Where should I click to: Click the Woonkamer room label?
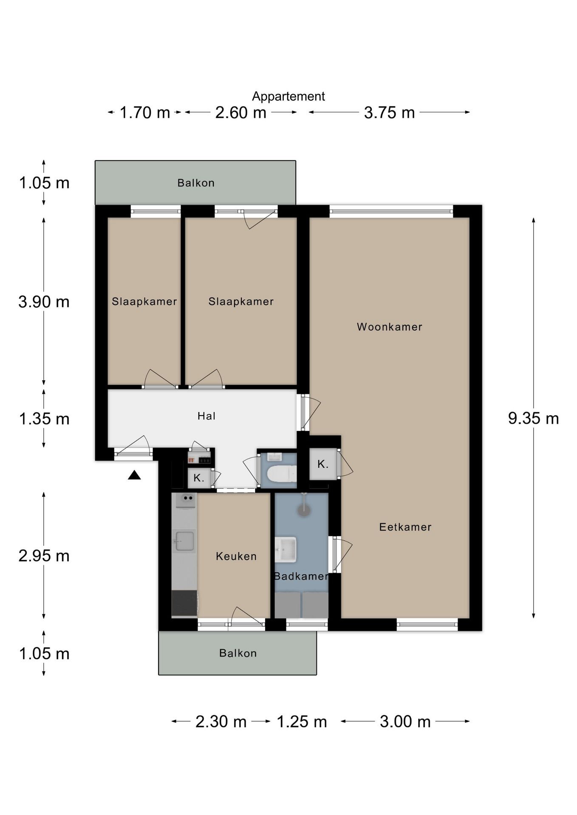coord(389,327)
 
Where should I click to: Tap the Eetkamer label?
coord(405,527)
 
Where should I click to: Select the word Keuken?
coord(236,556)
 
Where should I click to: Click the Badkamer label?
coord(301,576)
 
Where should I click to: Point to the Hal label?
coord(206,416)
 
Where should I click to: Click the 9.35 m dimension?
coord(533,419)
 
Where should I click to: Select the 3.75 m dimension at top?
coord(389,112)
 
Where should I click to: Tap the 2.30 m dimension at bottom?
coord(221,722)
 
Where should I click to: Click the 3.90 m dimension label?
coord(44,302)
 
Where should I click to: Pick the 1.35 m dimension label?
coord(44,419)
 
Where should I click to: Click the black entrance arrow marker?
coord(134,475)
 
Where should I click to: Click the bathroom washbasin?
coord(286,549)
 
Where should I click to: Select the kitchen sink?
coord(185,541)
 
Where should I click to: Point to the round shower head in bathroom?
coord(304,510)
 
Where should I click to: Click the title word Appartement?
coord(288,96)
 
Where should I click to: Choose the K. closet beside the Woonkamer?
coord(323,464)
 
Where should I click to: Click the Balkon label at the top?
coord(196,183)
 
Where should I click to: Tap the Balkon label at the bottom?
coord(238,653)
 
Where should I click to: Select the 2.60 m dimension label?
coord(241,112)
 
